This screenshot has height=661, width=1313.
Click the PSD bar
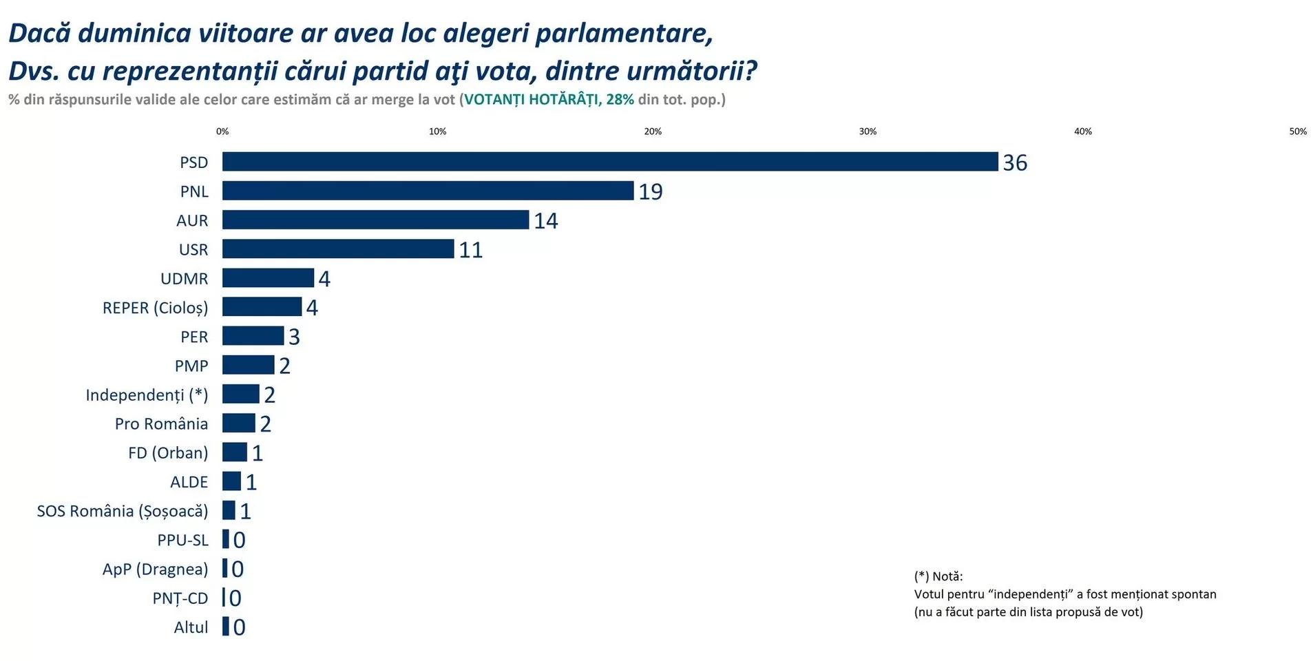click(609, 162)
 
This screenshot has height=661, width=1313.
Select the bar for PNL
click(428, 191)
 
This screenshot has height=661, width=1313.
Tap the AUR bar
click(375, 220)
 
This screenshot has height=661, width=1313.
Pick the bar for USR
click(338, 249)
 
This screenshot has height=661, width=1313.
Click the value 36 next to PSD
click(1015, 163)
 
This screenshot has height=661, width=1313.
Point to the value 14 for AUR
click(546, 221)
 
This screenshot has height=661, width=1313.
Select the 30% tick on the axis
click(868, 132)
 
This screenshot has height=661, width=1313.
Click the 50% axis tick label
click(1297, 132)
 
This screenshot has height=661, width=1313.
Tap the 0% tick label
click(222, 132)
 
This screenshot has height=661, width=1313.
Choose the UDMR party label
click(184, 279)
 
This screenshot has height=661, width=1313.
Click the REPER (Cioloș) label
click(155, 308)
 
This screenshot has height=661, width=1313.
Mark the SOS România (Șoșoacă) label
click(122, 511)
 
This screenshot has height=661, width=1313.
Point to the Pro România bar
click(238, 423)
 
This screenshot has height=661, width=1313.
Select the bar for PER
click(253, 336)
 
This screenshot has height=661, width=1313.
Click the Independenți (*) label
click(147, 395)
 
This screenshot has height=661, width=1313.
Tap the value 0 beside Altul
click(239, 627)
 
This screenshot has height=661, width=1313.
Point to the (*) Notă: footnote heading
click(938, 576)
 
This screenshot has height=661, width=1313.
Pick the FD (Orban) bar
click(234, 452)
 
